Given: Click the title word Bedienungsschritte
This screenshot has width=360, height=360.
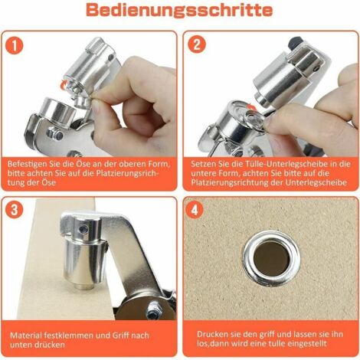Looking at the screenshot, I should point(179,11).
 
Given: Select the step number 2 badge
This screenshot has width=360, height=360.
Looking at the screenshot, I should point(198,44).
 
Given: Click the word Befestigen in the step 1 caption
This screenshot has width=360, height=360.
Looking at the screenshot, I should point(30,162).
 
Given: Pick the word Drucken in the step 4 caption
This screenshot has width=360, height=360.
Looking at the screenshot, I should point(212,334).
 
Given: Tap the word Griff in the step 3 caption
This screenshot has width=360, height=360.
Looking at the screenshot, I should point(118,334).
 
